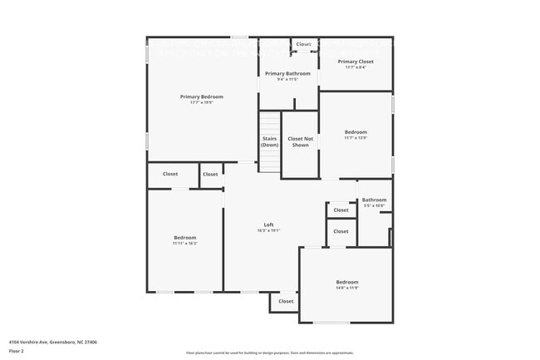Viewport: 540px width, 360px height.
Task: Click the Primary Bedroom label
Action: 201,96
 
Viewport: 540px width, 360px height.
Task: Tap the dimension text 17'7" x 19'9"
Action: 201,102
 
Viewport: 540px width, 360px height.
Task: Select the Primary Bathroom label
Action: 287,73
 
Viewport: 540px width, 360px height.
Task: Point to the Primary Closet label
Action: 356,62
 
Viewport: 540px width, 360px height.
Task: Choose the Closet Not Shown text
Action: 300,141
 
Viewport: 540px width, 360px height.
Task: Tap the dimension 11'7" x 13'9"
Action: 356,138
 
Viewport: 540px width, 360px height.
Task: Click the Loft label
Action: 268,224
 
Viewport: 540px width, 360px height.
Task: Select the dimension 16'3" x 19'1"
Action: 268,230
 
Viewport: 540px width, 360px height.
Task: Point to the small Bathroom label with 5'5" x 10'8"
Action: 374,200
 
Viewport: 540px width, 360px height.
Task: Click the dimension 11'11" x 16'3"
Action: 185,243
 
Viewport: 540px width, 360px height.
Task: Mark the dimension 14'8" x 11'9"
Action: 346,288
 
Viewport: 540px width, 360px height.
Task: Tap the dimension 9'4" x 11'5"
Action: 287,79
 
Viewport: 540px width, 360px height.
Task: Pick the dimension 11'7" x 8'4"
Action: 356,67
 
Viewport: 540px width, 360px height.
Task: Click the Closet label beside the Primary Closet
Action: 303,44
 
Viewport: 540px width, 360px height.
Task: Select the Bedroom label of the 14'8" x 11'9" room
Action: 346,282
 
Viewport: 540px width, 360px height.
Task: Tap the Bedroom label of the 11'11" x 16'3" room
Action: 185,237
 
